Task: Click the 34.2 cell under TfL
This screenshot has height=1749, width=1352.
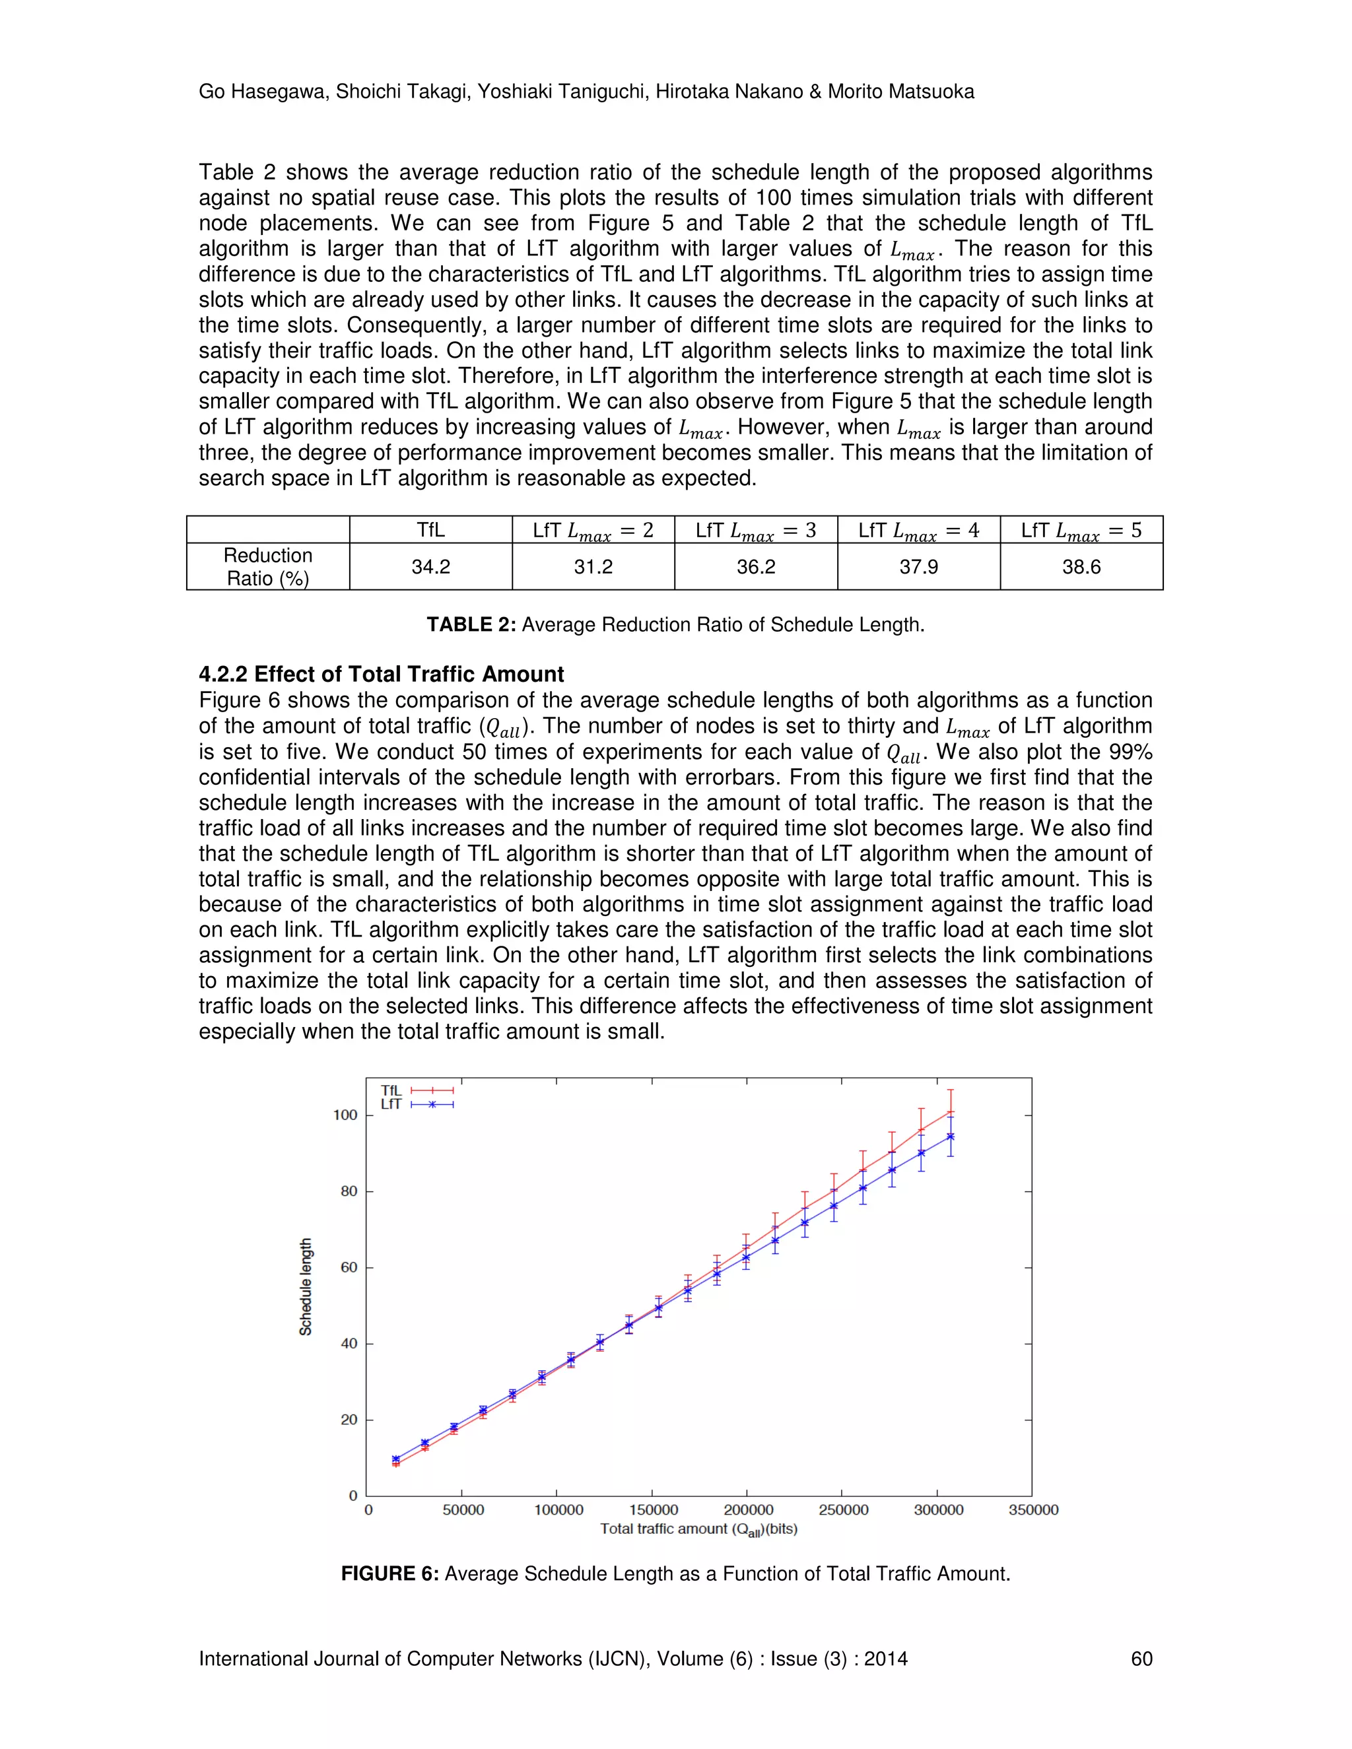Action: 431,567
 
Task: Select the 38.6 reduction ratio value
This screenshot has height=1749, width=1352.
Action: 1081,567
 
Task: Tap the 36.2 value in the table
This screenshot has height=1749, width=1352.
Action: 756,567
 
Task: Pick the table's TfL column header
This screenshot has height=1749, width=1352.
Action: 431,530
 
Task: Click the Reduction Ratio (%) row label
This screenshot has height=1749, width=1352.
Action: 267,566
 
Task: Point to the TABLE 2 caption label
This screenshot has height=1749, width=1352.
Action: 471,624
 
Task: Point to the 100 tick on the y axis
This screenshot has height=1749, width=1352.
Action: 345,1115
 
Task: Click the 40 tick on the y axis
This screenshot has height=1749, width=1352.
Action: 349,1344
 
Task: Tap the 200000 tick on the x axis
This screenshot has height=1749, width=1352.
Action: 748,1509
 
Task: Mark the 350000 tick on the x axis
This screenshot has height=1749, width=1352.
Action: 1033,1509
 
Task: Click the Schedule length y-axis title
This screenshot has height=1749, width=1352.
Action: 305,1287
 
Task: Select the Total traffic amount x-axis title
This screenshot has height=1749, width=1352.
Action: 698,1529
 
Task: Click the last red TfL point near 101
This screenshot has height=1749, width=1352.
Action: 951,1111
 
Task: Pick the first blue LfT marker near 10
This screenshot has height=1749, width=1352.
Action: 395,1459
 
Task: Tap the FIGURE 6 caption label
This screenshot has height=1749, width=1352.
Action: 389,1573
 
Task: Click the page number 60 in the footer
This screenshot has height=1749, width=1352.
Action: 1141,1659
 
